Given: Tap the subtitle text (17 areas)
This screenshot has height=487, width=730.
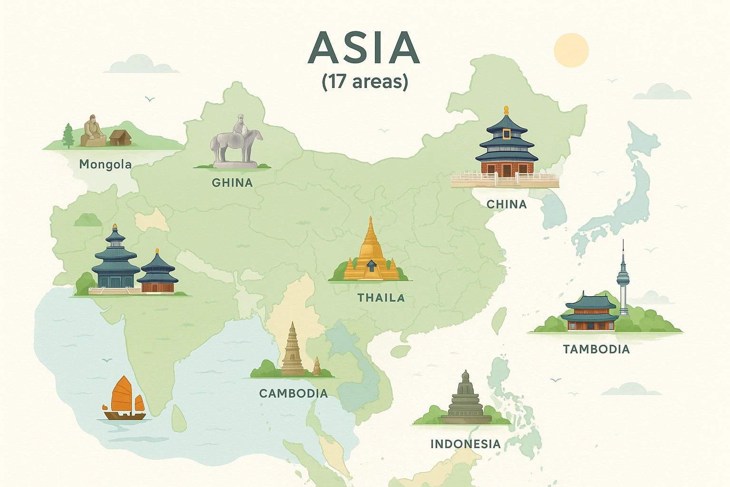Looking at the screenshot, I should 365,81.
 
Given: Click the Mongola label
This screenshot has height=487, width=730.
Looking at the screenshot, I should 105,165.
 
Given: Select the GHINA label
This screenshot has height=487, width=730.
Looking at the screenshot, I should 232,183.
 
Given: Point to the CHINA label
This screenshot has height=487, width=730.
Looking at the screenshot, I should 507,205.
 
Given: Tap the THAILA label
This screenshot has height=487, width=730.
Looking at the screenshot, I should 381,298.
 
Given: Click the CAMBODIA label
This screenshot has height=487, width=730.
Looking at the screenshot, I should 293,394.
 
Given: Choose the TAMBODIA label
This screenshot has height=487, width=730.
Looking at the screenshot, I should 596,350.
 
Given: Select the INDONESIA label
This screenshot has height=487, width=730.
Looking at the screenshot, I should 465,444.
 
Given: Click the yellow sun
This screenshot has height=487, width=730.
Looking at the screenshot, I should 571,50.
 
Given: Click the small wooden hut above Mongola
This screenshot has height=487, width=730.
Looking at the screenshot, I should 120,138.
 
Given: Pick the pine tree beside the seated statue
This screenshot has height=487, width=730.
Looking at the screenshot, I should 68,136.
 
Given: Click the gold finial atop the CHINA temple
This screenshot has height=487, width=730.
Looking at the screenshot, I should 506,110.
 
